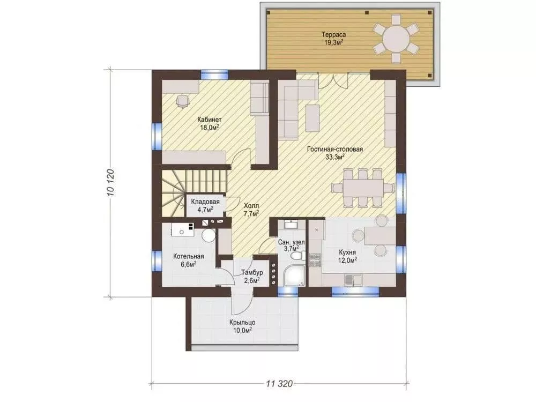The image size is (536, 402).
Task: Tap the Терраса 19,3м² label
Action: pyautogui.click(x=333, y=38)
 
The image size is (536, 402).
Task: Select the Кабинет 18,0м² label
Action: pyautogui.click(x=209, y=124)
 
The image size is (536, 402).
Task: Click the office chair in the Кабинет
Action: pyautogui.click(x=183, y=101)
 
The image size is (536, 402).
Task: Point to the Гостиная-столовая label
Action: pyautogui.click(x=335, y=149)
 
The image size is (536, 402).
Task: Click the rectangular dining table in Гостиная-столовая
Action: pyautogui.click(x=363, y=188)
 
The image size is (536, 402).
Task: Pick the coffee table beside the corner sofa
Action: pyautogui.click(x=312, y=118)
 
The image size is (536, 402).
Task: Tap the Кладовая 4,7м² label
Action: pyautogui.click(x=205, y=205)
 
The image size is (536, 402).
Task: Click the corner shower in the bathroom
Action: pyautogui.click(x=294, y=276)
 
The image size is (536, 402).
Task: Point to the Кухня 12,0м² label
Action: pyautogui.click(x=348, y=256)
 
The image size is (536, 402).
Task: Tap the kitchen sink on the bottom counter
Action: pyautogui.click(x=353, y=280)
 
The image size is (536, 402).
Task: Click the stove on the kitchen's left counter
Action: pyautogui.click(x=315, y=260)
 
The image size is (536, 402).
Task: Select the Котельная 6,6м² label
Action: pyautogui.click(x=188, y=260)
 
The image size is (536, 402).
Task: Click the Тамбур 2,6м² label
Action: pyautogui.click(x=252, y=277)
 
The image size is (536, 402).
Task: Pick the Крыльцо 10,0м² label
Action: pyautogui.click(x=242, y=326)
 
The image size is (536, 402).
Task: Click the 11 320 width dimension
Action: pyautogui.click(x=279, y=384)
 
